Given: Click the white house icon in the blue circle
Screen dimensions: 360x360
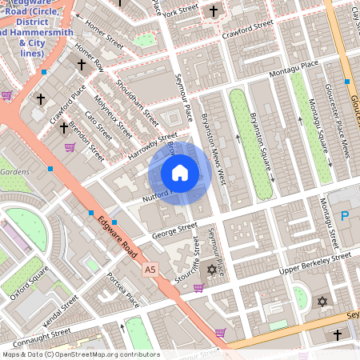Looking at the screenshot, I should click(180, 173).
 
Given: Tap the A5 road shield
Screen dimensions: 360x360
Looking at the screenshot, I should click(150, 270).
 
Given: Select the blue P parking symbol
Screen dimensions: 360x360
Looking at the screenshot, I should click(345, 215).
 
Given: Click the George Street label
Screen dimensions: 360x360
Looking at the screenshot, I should click(175, 232).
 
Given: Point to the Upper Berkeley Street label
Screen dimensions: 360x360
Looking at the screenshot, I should click(314, 266).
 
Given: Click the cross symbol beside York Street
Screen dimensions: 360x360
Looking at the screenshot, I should click(213, 11).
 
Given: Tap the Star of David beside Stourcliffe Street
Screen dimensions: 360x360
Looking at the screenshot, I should click(212, 270).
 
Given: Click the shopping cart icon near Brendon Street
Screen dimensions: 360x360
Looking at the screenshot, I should click(70, 146).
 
